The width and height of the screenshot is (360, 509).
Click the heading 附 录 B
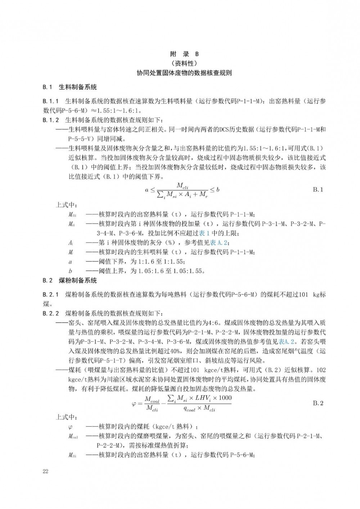[184, 54]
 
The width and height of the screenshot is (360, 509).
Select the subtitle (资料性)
[184, 64]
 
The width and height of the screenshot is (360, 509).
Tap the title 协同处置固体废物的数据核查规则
[184, 73]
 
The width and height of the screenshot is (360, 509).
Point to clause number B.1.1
[51, 101]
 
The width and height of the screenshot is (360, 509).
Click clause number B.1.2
[51, 120]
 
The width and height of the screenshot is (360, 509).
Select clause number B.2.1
[51, 294]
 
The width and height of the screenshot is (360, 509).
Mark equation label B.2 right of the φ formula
[318, 403]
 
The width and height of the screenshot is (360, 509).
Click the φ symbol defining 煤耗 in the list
[70, 427]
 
